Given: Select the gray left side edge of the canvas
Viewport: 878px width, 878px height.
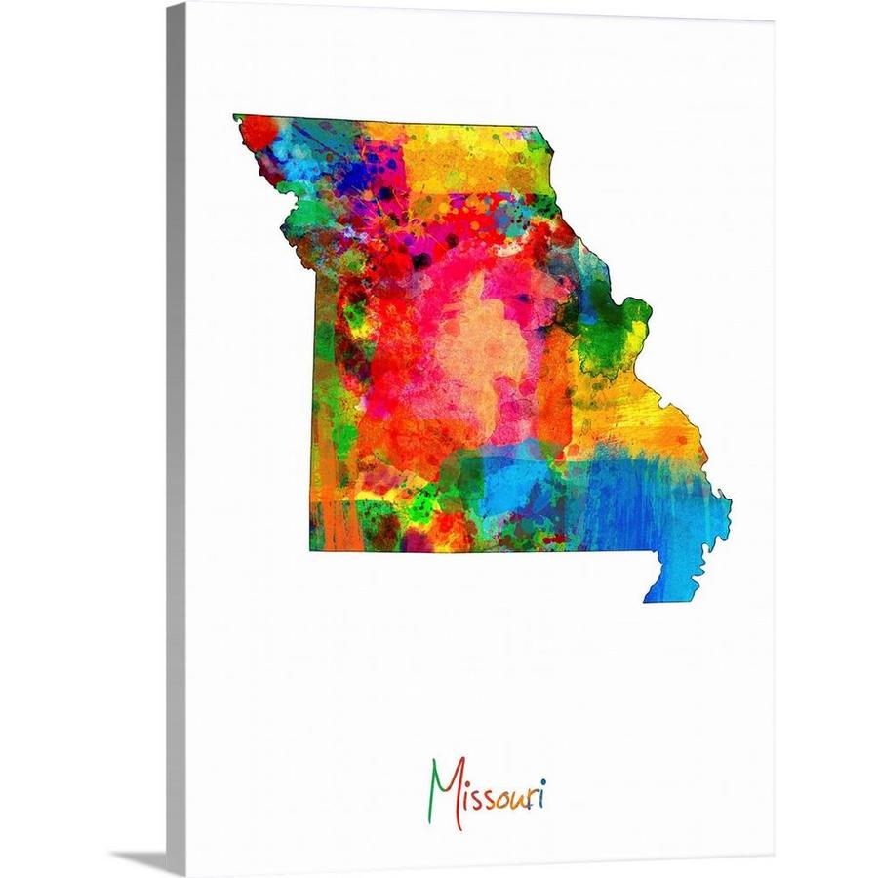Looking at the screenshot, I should point(176,439).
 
